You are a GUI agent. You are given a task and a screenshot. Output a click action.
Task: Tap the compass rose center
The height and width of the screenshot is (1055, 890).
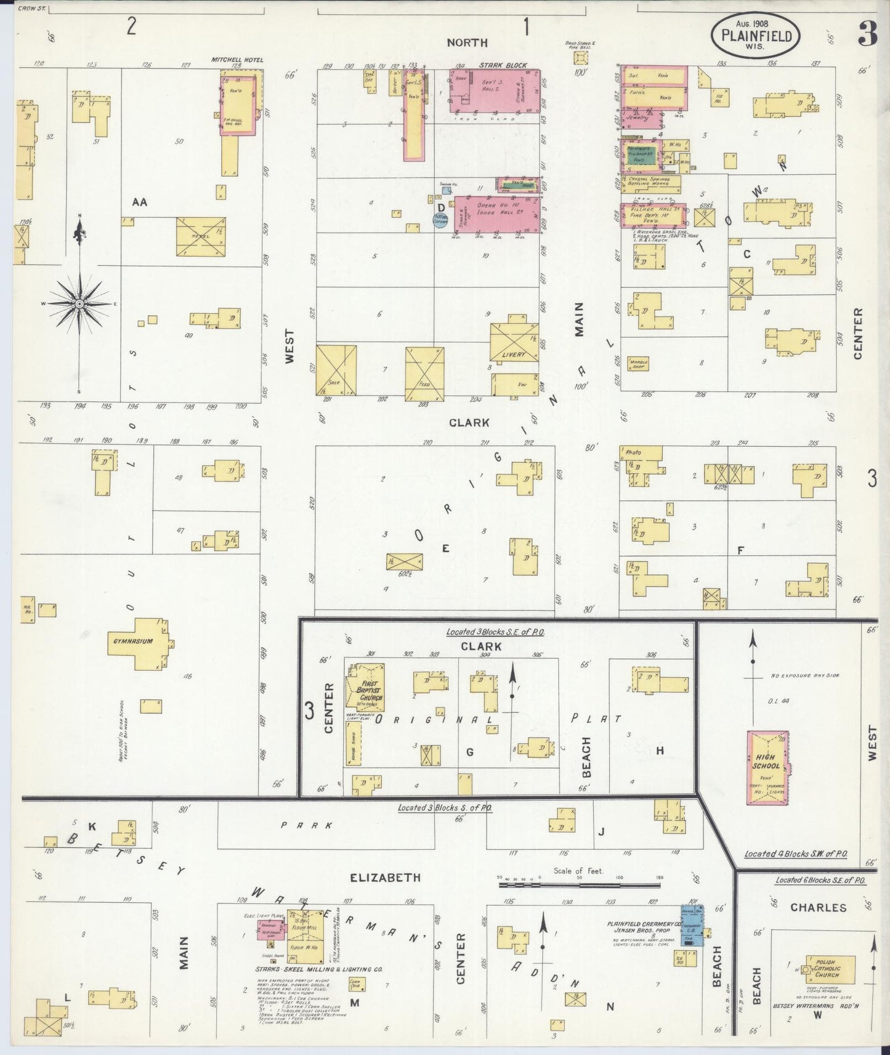(79, 304)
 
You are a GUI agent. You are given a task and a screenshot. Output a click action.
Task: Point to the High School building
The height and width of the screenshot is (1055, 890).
(766, 767)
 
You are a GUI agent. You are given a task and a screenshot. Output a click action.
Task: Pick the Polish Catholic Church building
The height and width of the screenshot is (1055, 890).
(830, 972)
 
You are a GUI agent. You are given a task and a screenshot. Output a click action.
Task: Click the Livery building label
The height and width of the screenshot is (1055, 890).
(513, 355)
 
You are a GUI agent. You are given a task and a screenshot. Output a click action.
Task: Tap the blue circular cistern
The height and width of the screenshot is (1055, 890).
(440, 220)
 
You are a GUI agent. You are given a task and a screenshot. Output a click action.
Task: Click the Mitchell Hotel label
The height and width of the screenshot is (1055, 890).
(237, 60)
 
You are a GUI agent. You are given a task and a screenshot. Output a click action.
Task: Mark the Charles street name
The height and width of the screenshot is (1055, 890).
(818, 907)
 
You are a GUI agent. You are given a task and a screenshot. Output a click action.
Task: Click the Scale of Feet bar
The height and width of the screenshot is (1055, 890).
(579, 885)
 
